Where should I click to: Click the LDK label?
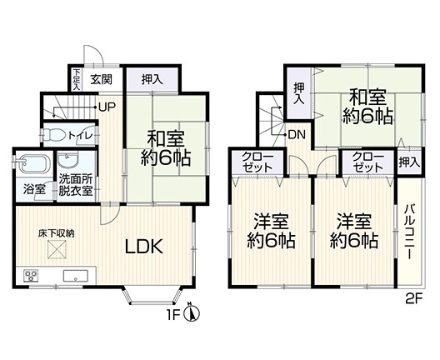[144, 247]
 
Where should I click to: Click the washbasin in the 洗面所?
[67, 160]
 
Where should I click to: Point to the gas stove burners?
[31, 275]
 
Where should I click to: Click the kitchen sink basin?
[76, 276]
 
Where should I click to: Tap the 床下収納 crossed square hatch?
[57, 249]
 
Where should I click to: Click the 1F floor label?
[173, 316]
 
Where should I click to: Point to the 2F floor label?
[414, 299]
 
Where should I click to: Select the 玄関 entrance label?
[101, 79]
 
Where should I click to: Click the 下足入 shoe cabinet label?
[77, 79]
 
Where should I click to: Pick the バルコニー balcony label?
[410, 232]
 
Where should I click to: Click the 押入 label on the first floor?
[152, 79]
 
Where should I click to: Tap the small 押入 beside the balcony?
[409, 162]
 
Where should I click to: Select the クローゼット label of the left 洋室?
[257, 162]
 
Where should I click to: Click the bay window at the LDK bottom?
[152, 295]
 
